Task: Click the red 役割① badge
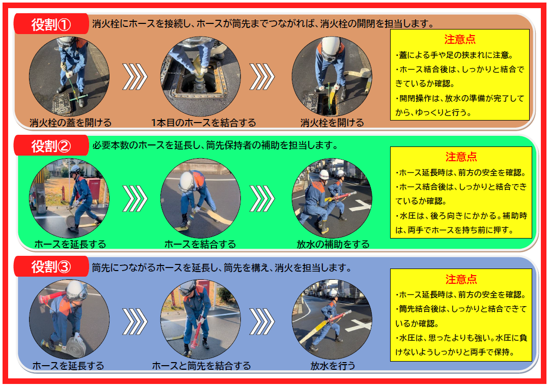click(51, 24)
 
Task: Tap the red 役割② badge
click(51, 145)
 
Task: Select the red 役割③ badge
click(51, 266)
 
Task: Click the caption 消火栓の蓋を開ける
click(70, 123)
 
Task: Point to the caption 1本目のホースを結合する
click(203, 123)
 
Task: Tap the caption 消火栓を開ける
click(332, 123)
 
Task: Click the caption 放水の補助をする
click(333, 244)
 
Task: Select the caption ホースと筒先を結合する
click(201, 366)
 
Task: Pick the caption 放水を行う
click(333, 366)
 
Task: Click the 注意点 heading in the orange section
click(460, 39)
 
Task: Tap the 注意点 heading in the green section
click(461, 157)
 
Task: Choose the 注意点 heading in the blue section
click(461, 279)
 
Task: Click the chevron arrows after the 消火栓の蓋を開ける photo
click(135, 77)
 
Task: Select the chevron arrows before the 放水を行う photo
click(262, 321)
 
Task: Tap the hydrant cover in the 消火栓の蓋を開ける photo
click(63, 104)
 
